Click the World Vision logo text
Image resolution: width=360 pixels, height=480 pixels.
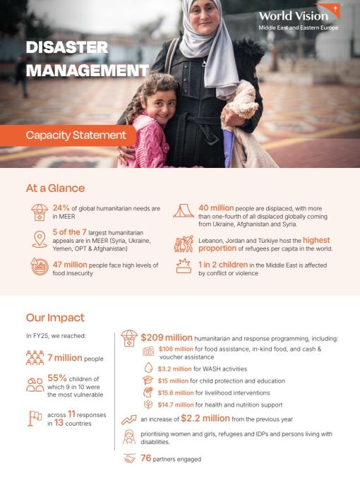pos(293,16)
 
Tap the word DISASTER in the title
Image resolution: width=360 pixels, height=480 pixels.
pos(66,48)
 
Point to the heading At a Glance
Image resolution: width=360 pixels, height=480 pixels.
pos(55,188)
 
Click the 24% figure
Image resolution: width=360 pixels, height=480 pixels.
pos(61,208)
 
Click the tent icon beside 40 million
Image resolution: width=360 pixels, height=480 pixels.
pos(183,210)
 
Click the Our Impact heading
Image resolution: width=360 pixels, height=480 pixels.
pos(55,318)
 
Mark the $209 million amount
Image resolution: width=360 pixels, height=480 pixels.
pos(167,337)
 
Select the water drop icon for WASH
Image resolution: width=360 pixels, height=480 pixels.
pos(148,367)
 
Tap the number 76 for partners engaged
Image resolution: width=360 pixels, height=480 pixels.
pos(147,458)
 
